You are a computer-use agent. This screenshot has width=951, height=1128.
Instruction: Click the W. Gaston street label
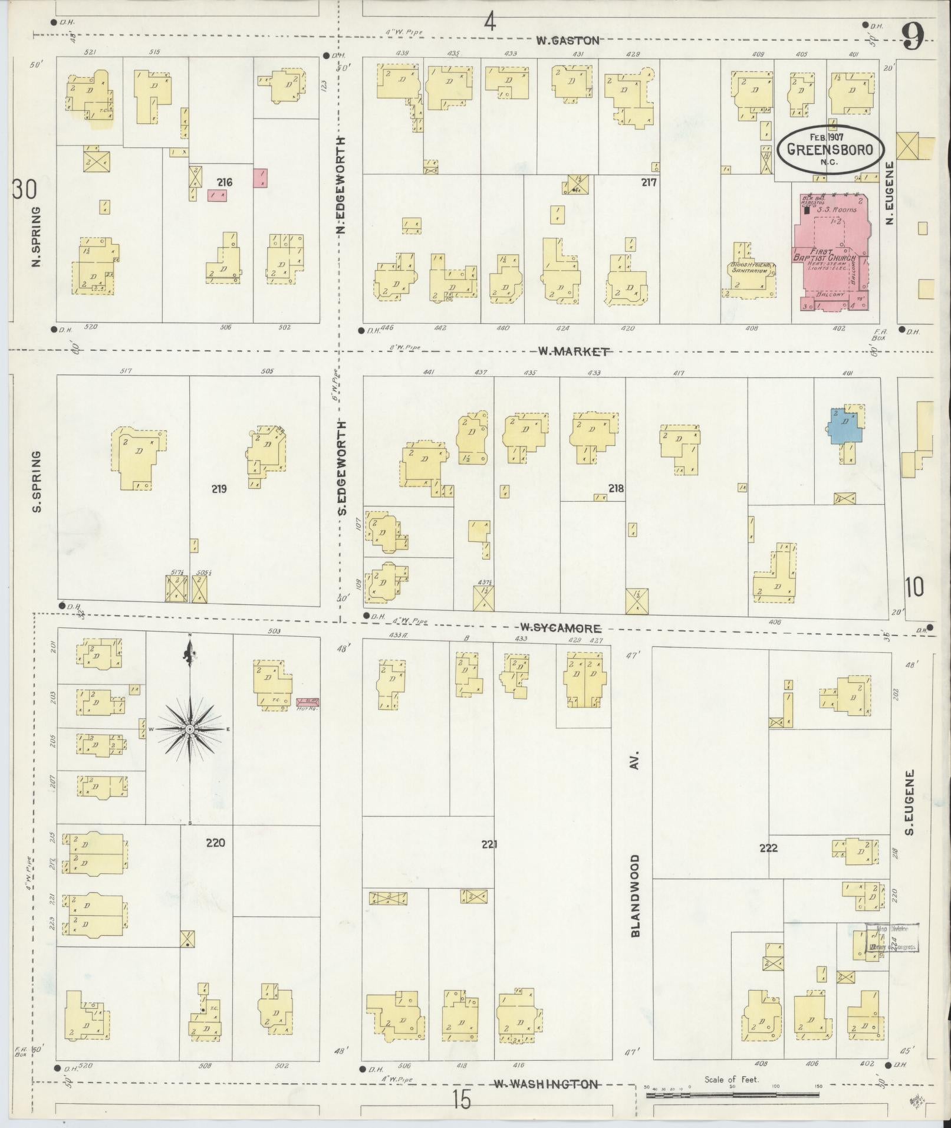coord(567,41)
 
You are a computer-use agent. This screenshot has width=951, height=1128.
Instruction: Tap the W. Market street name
coord(573,351)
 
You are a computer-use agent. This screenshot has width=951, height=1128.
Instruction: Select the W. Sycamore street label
coord(560,629)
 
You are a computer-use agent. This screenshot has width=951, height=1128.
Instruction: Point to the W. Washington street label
coord(546,1084)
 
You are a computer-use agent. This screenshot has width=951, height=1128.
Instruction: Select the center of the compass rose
coord(190,730)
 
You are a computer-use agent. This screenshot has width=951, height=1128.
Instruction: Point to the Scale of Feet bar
coord(733,1095)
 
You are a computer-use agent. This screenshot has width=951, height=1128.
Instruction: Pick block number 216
coord(225,182)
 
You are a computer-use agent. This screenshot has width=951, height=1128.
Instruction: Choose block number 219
coord(219,488)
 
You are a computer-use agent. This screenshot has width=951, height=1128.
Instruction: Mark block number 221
coord(489,844)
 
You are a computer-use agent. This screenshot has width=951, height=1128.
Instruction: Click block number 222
coord(768,848)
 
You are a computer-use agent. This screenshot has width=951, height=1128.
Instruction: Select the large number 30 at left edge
coord(24,190)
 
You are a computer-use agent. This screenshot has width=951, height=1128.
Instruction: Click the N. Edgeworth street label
coord(341,185)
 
